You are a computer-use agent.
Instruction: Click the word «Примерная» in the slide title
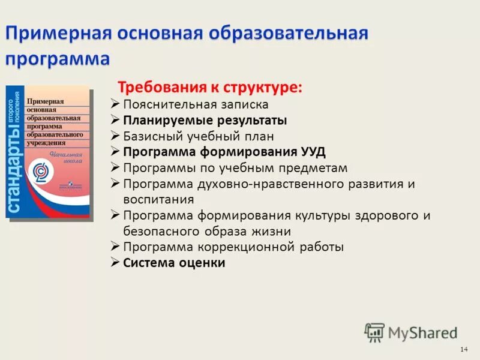(x=58, y=34)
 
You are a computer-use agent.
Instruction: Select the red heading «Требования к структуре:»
(x=209, y=88)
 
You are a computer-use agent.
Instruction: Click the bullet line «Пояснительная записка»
(x=196, y=104)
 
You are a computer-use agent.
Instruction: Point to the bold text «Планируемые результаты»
(x=205, y=120)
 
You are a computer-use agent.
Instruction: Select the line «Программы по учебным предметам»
(x=235, y=168)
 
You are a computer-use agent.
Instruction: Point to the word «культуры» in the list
(x=331, y=215)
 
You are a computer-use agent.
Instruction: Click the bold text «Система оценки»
(x=174, y=262)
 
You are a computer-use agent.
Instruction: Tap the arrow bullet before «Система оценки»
(x=116, y=262)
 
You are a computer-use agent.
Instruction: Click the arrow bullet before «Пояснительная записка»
(x=116, y=103)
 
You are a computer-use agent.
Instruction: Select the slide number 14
(x=463, y=349)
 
